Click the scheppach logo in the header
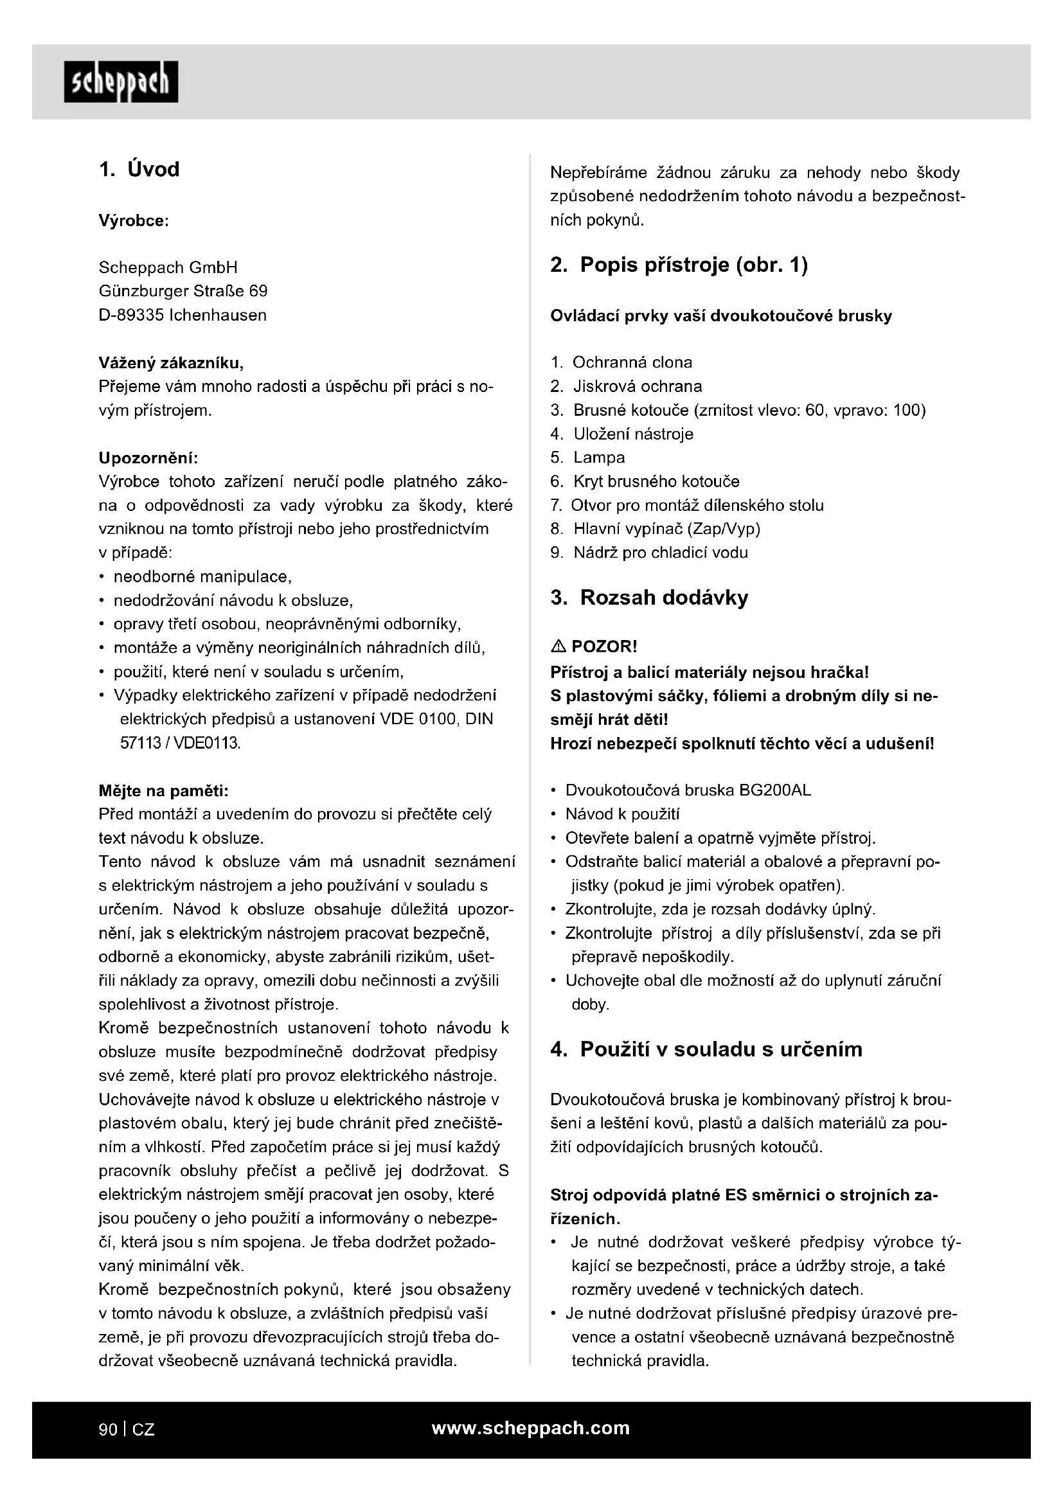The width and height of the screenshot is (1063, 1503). [121, 82]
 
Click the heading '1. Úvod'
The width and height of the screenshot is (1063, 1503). [139, 170]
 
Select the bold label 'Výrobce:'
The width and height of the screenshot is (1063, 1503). [134, 220]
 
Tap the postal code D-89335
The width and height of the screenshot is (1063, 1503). [131, 315]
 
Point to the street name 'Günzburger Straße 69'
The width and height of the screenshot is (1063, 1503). [183, 290]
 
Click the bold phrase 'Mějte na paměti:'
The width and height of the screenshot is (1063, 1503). [163, 791]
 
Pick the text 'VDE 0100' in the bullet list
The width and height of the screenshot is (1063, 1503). [418, 719]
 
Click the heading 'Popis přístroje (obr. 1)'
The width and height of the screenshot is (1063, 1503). [694, 265]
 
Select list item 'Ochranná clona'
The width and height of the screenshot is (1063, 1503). [632, 362]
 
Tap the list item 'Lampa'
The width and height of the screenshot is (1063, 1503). [599, 458]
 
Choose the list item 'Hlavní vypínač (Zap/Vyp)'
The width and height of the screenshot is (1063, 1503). [666, 529]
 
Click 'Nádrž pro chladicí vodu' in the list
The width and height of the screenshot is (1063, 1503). [661, 553]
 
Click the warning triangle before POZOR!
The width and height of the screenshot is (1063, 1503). [558, 647]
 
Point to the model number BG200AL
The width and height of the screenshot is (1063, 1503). [774, 790]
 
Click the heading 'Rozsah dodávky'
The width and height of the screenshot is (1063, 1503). [664, 598]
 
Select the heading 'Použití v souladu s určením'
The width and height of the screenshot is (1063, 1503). [720, 1049]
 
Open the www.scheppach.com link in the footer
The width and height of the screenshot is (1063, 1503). [530, 1428]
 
